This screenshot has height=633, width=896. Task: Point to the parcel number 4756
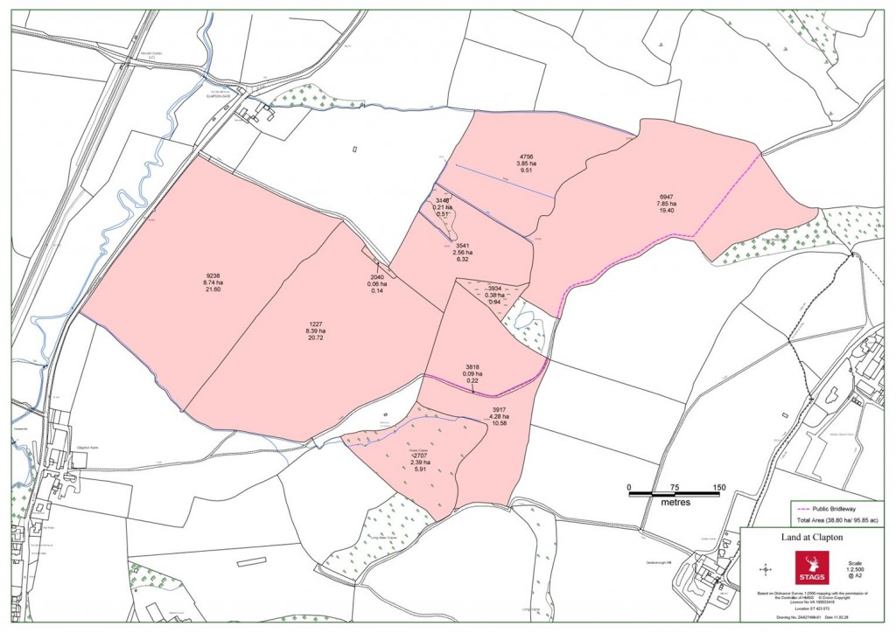click(526, 155)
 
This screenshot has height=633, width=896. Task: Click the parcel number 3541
click(465, 247)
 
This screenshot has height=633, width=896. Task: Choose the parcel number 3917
click(500, 409)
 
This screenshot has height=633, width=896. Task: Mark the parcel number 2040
click(377, 277)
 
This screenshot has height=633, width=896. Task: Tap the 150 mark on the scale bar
click(719, 487)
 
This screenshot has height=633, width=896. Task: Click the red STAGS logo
click(808, 568)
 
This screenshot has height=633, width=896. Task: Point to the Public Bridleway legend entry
click(837, 506)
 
